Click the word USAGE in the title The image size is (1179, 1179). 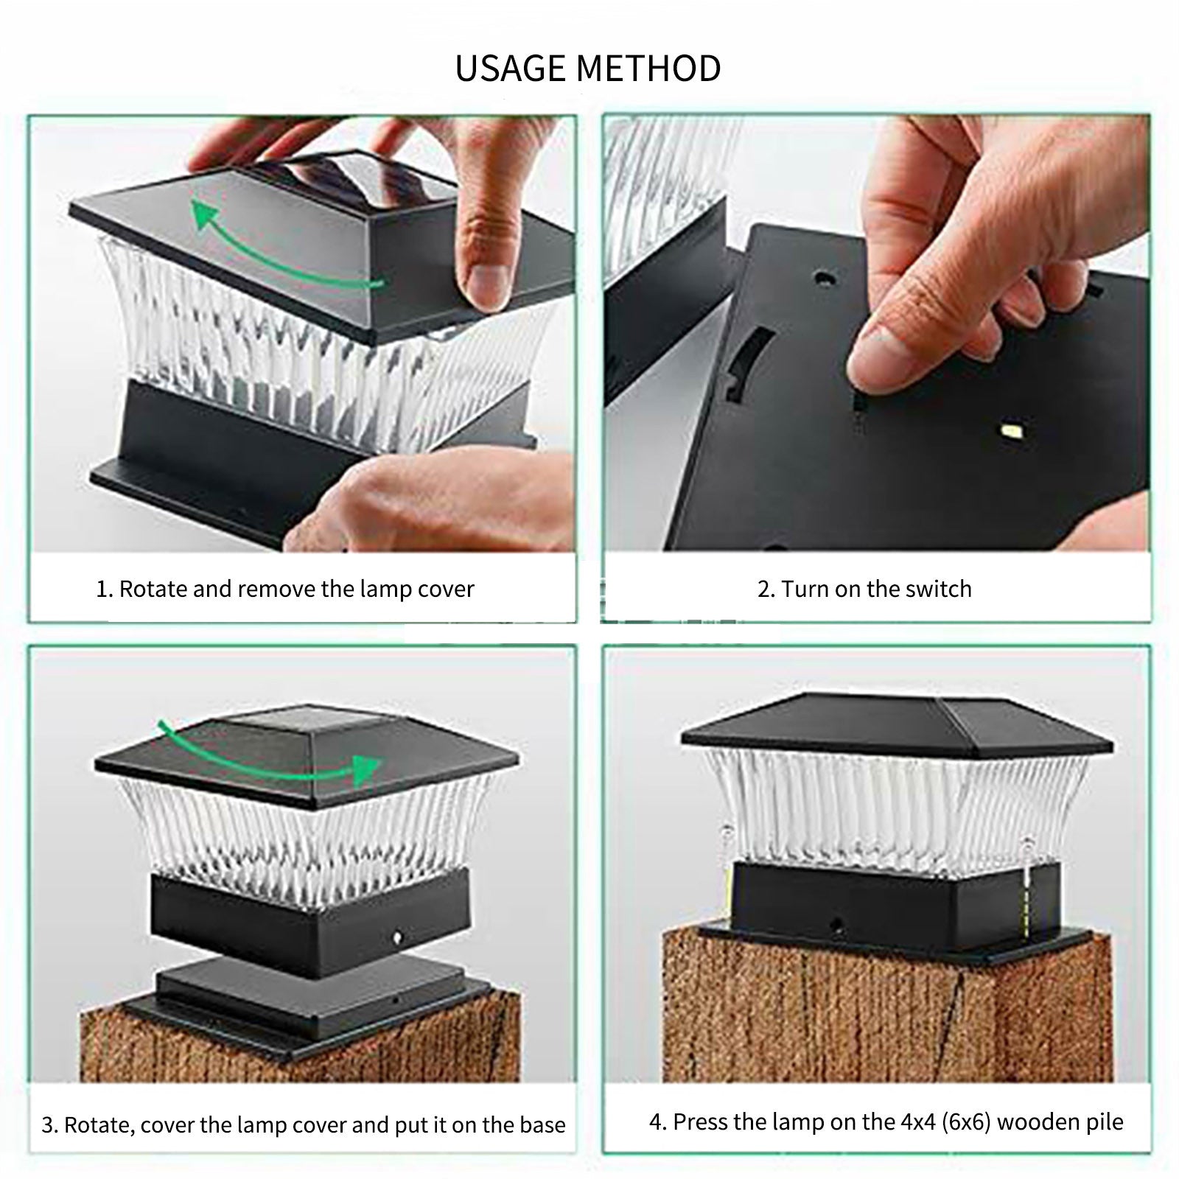[x=511, y=69]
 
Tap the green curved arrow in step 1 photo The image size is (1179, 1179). [x=280, y=251]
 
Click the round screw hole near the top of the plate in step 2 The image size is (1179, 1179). [x=823, y=279]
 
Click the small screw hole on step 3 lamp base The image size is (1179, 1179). [x=397, y=937]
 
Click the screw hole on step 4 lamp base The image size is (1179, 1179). [x=836, y=922]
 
